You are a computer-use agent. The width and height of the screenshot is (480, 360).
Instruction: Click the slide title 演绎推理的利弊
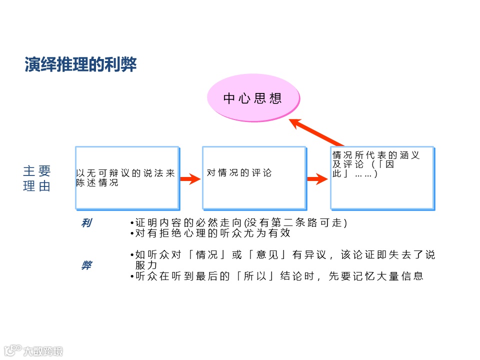click(x=80, y=65)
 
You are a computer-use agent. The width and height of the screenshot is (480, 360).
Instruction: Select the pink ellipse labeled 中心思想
click(x=253, y=97)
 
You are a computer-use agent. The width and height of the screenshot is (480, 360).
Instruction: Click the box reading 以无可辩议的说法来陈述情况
click(x=127, y=177)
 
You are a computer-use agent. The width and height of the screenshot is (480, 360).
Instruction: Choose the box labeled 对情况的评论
click(x=254, y=177)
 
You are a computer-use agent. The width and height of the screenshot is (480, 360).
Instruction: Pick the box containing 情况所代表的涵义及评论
click(x=382, y=177)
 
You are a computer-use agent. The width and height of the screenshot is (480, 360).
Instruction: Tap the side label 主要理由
click(x=36, y=178)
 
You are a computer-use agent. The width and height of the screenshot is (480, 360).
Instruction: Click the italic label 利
click(x=86, y=223)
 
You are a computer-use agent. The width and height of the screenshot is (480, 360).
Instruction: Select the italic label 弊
click(x=86, y=265)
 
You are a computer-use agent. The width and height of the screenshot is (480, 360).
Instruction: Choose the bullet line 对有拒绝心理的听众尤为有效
click(x=212, y=233)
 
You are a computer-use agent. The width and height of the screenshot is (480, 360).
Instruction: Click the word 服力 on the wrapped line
click(x=146, y=265)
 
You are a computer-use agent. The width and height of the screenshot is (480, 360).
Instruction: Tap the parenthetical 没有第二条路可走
click(x=295, y=222)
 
